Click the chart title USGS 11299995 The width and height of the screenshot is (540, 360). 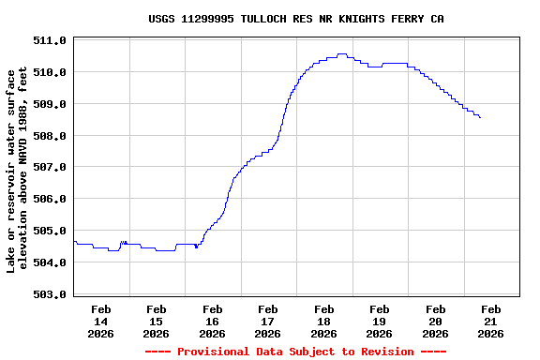coord(296,19)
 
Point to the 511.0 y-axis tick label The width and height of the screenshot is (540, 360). coord(49,41)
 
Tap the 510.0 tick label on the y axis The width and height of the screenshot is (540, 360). coord(49,72)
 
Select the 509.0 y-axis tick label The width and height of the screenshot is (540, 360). coord(49,104)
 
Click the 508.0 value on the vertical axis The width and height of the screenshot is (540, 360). coord(49,136)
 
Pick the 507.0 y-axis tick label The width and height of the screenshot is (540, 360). coord(49,168)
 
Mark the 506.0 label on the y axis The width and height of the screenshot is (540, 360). coord(49,200)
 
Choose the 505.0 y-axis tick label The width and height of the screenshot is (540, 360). coord(49,231)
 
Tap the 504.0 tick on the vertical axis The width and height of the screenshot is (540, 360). coord(49,262)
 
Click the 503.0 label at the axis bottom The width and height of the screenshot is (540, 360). coord(49,294)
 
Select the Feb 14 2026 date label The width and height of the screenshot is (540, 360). coord(101,321)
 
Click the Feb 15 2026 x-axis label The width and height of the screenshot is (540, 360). coord(157,321)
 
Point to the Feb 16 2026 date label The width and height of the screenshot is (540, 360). coord(213,321)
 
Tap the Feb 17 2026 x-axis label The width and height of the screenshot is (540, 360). coord(268,321)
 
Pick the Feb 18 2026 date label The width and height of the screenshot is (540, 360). coord(324,321)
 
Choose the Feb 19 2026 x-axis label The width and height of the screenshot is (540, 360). coord(380,321)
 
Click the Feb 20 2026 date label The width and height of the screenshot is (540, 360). coord(435,321)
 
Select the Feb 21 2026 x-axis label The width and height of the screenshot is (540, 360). coord(491,321)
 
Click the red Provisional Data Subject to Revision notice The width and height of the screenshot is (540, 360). coord(295,352)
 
